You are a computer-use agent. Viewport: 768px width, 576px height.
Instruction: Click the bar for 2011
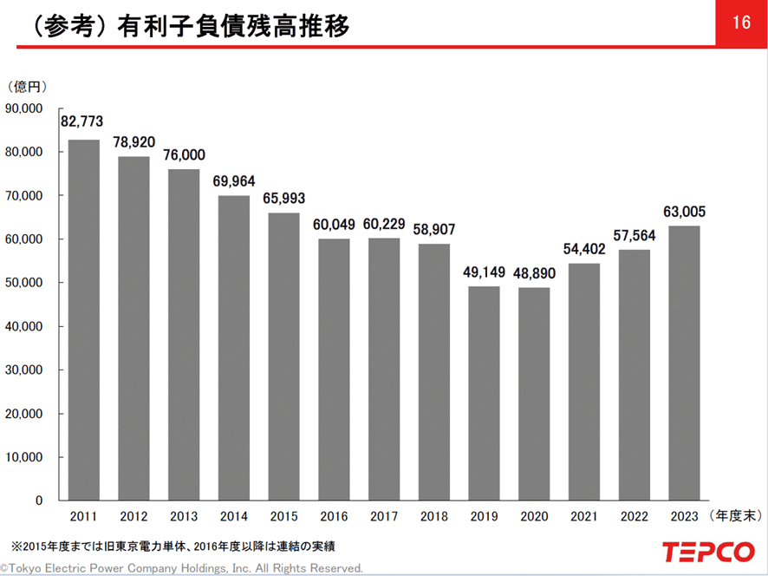[x=83, y=320]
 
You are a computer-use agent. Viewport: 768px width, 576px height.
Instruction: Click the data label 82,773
[x=82, y=122]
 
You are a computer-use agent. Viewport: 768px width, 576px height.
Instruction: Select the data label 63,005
[x=685, y=210]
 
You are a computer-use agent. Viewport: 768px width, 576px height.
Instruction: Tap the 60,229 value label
[x=384, y=224]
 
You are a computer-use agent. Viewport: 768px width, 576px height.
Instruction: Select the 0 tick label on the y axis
[x=39, y=501]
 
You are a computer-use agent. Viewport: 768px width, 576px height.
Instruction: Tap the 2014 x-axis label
[x=233, y=516]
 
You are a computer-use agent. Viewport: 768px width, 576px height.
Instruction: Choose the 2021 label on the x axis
[x=584, y=516]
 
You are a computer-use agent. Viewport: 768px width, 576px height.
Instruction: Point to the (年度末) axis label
[x=736, y=516]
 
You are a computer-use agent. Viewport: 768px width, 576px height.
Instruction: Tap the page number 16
[x=741, y=23]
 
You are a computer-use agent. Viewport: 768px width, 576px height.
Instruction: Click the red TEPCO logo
[x=708, y=552]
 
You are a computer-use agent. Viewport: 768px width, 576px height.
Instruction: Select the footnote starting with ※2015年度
[x=173, y=547]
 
